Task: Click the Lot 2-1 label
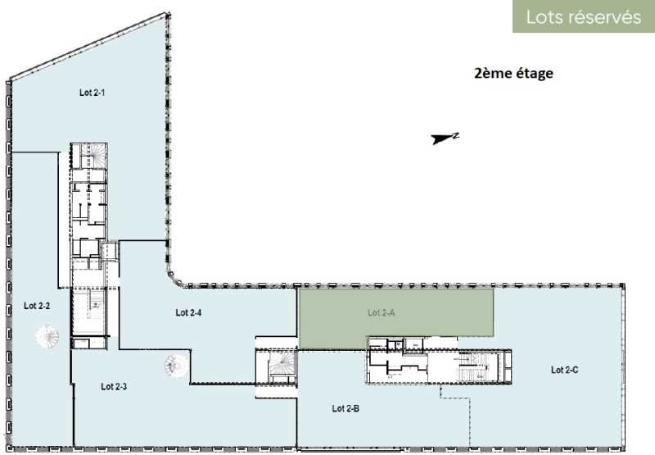click(92, 93)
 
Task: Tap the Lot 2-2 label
click(37, 306)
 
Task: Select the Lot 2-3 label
click(114, 386)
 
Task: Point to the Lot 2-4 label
click(188, 312)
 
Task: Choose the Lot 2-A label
click(381, 312)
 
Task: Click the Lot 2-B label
click(346, 408)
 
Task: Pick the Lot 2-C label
click(564, 370)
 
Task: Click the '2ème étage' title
click(513, 73)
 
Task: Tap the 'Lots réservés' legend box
click(584, 16)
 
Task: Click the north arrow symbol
click(441, 139)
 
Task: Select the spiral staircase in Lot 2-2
click(47, 337)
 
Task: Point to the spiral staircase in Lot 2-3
click(176, 366)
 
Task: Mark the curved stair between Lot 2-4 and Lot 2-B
click(282, 363)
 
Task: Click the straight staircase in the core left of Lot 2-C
click(472, 367)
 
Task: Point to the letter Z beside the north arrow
click(456, 135)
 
